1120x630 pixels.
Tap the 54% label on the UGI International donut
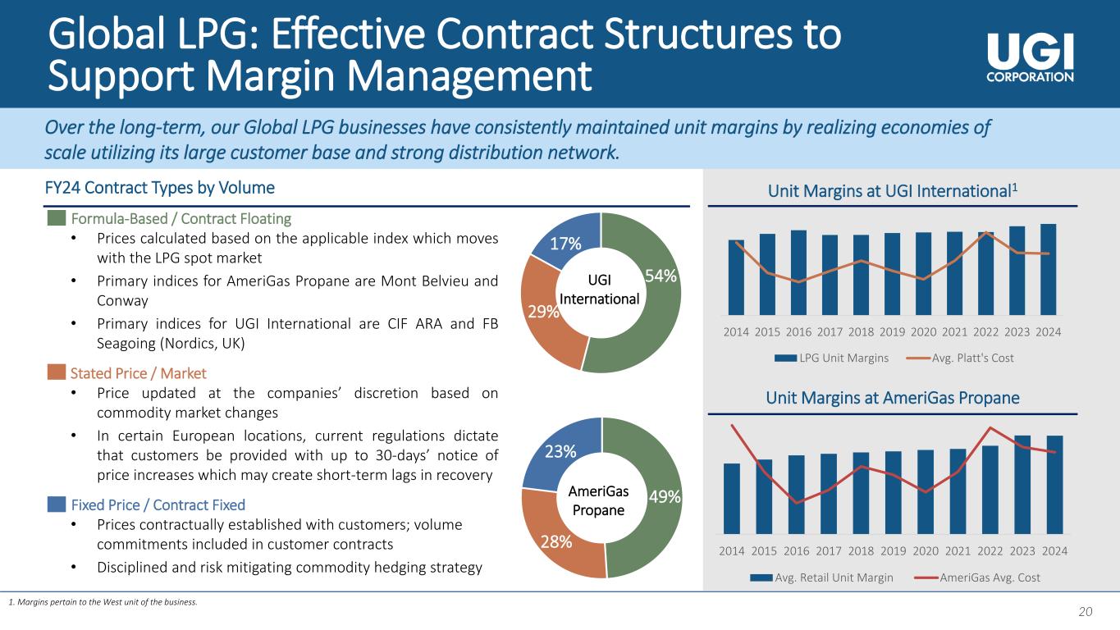click(661, 276)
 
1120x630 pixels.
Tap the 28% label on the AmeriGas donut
click(556, 541)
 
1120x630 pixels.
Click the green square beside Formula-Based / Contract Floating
click(57, 218)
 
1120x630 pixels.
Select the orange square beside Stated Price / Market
click(57, 372)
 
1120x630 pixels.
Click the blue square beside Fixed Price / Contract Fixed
click(57, 504)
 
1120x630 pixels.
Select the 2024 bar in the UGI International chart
click(1048, 270)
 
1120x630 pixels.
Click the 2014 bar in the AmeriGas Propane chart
click(732, 499)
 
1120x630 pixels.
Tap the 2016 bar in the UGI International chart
click(798, 272)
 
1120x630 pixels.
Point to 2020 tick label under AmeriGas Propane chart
click(926, 551)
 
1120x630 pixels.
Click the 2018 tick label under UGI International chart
click(861, 332)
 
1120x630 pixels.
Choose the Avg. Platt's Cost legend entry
click(960, 358)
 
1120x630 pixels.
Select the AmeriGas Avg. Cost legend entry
click(977, 577)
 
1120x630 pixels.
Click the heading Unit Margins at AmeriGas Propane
click(893, 398)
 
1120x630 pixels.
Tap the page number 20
click(1086, 611)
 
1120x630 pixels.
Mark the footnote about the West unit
click(103, 602)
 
